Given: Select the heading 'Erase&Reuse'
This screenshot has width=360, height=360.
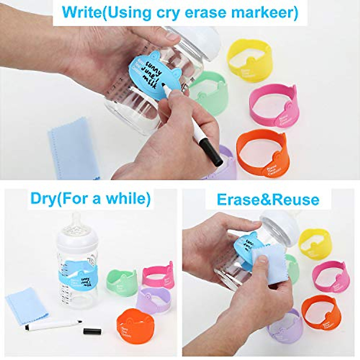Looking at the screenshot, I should [x=268, y=199].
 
